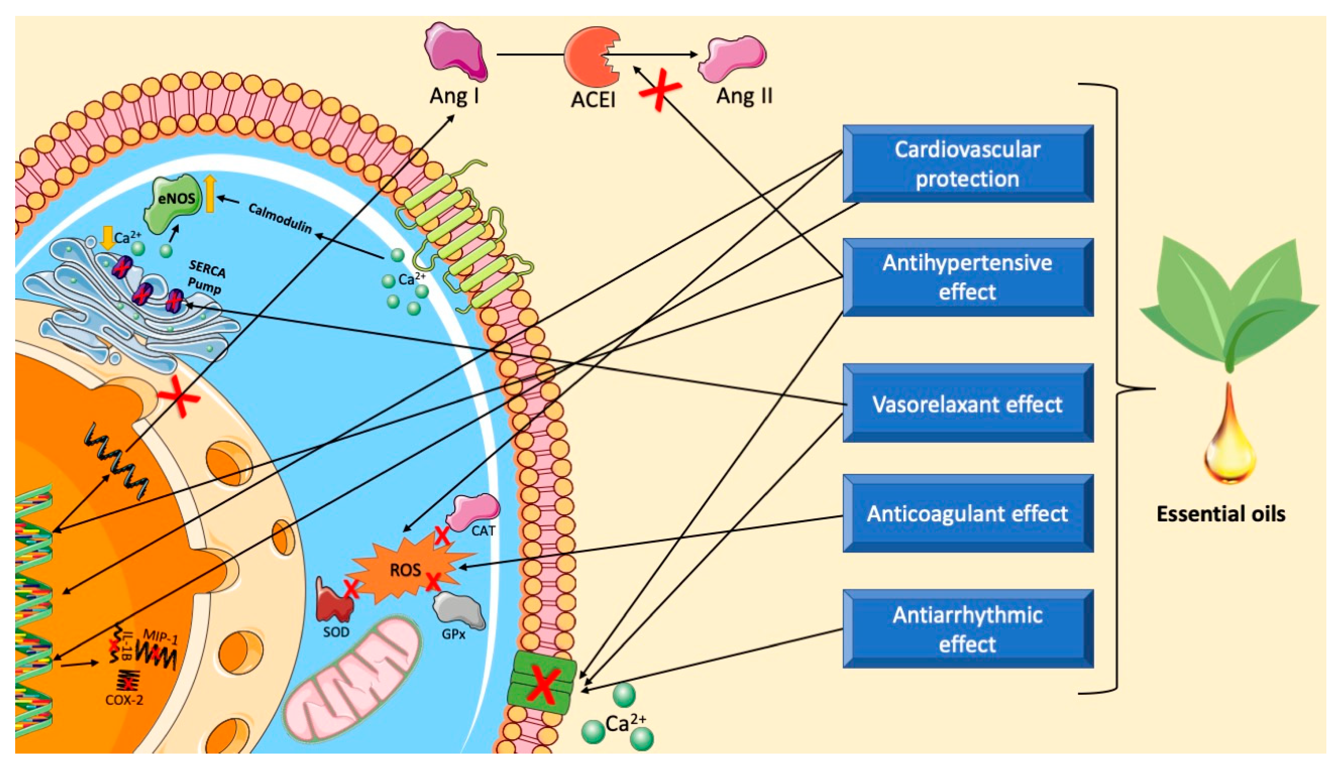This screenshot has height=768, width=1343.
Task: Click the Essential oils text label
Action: coord(1221,514)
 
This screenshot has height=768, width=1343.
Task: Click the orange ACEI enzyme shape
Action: coord(588,57)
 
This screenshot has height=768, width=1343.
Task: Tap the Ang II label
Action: coord(744,96)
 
